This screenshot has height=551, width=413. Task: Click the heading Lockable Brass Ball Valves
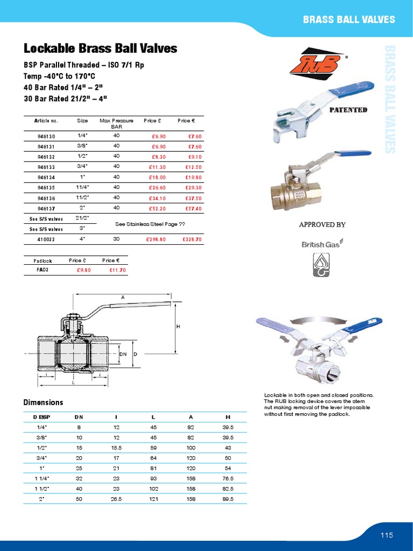click(x=100, y=48)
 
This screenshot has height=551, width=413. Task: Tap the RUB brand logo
click(x=315, y=64)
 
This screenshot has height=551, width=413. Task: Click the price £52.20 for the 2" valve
click(x=157, y=208)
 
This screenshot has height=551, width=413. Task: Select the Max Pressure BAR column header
click(x=117, y=124)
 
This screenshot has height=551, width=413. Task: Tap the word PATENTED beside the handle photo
click(x=348, y=110)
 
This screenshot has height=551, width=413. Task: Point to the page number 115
click(x=387, y=535)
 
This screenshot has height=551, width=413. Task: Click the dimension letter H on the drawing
click(x=178, y=327)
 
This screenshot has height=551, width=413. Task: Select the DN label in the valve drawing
click(x=123, y=354)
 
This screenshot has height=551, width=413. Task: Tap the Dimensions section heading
click(x=44, y=402)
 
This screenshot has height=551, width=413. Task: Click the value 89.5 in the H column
click(x=227, y=499)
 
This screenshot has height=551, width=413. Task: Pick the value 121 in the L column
click(x=153, y=499)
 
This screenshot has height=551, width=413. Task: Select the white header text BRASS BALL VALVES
click(x=348, y=20)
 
